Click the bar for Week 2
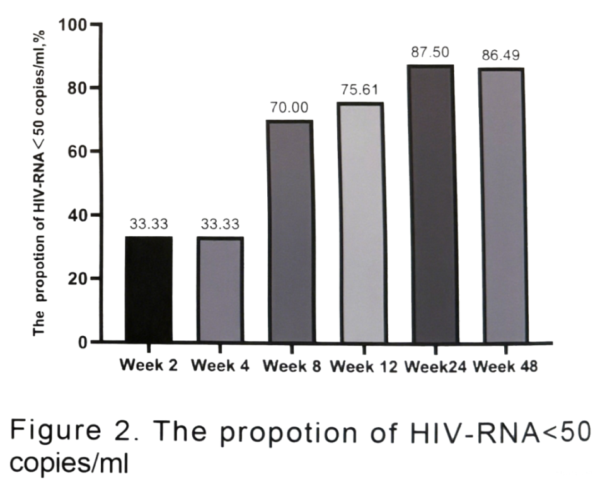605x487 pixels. (149, 289)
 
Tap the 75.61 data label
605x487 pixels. (360, 90)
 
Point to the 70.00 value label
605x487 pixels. (290, 108)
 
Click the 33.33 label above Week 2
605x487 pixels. (149, 224)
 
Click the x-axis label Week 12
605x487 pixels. (363, 367)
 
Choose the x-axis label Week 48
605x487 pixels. (505, 367)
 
